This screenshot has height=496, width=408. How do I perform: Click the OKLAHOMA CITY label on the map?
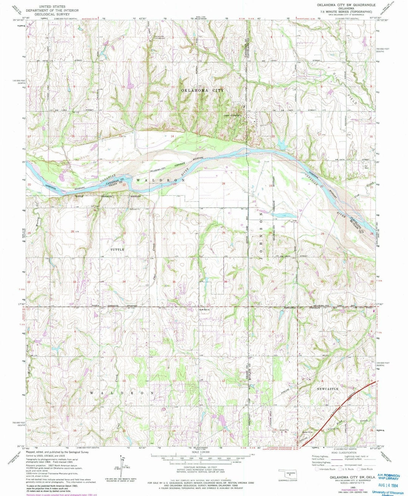pyautogui.click(x=205, y=91)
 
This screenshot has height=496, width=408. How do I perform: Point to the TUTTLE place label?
pyautogui.click(x=117, y=250)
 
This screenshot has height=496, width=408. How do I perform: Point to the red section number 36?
pyautogui.click(x=225, y=282)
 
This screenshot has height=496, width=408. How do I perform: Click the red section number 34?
pyautogui.click(x=124, y=282)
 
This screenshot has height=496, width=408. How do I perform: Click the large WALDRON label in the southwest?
pyautogui.click(x=122, y=393)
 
